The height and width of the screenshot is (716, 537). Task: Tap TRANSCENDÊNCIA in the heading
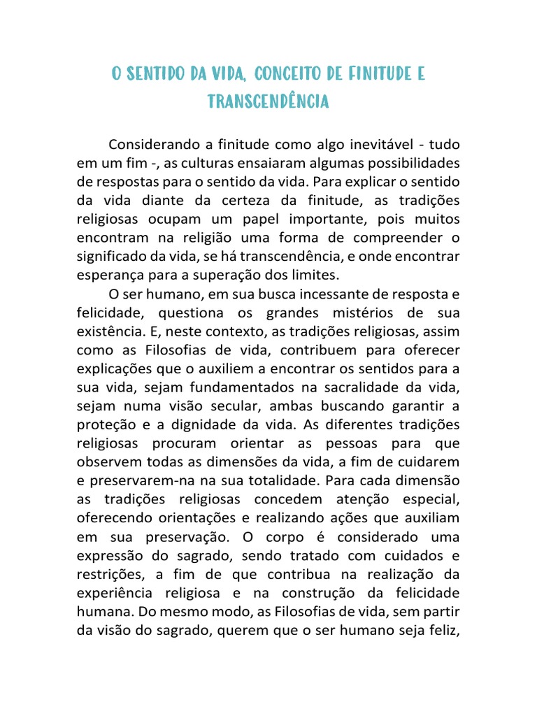(268, 102)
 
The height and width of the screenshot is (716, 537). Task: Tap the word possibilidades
(405, 163)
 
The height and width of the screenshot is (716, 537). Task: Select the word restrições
(110, 574)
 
